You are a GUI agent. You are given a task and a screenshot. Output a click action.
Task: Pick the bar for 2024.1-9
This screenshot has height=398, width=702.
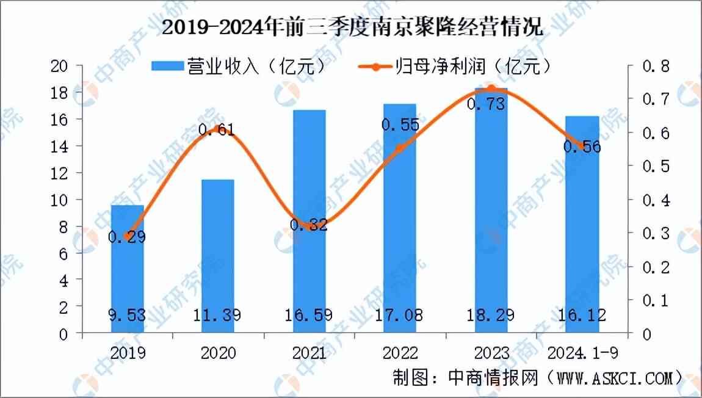[582, 226]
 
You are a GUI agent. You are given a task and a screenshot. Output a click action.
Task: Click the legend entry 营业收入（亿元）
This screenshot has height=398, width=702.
[238, 66]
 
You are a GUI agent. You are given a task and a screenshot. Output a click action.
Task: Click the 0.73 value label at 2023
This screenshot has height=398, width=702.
[485, 104]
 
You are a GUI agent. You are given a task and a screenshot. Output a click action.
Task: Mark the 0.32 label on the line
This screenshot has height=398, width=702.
[309, 225]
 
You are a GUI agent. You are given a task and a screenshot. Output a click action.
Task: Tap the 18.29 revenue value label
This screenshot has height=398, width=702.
[491, 315]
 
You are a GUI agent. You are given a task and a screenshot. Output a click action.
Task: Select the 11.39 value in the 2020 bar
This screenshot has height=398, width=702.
[219, 315]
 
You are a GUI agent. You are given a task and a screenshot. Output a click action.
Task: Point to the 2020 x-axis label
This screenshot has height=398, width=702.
[219, 353]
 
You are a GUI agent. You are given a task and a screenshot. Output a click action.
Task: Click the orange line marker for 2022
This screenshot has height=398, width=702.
[400, 148]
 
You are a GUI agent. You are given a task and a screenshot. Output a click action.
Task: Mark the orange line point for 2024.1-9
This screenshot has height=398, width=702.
[582, 146]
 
